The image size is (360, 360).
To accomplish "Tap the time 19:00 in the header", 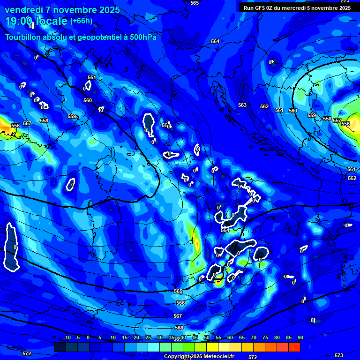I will coord(19,21).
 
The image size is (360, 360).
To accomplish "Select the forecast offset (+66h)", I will coord(81,21).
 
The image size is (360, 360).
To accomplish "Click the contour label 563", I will coord(242,105).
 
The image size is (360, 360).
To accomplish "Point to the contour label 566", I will coord(180,303).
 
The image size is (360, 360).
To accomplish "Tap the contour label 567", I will coord(177,316).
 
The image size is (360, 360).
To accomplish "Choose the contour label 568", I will coord(179,328).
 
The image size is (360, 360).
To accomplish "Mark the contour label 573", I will coord(339,355).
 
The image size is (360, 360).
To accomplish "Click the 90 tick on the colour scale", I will coord(300,338).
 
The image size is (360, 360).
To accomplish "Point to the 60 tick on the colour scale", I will coord(230,338).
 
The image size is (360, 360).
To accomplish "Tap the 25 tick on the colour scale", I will coord(148,338).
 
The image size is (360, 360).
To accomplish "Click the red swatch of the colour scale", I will coord(294,347).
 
